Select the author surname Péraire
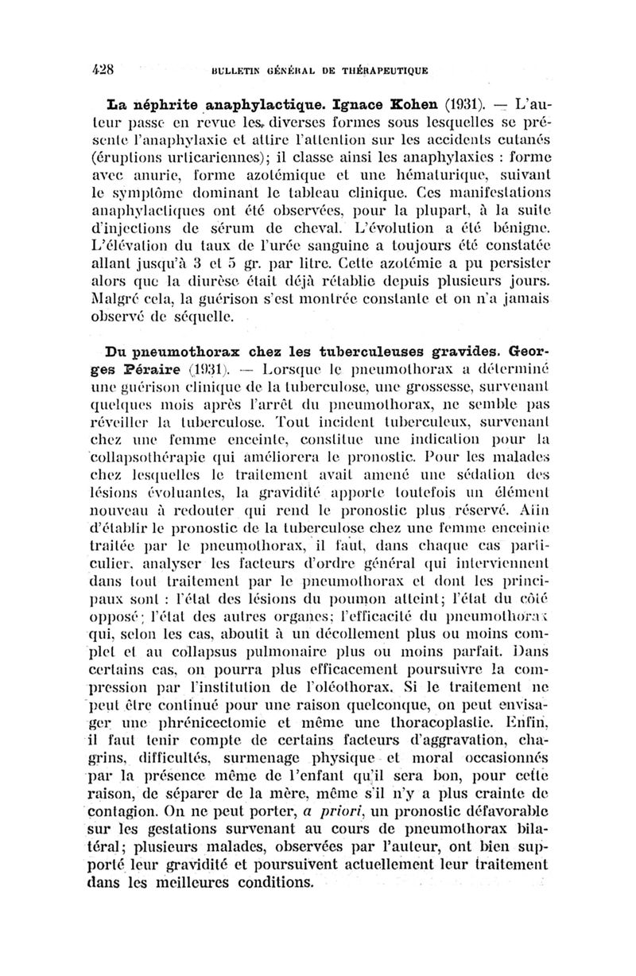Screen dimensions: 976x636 point(155,367)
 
